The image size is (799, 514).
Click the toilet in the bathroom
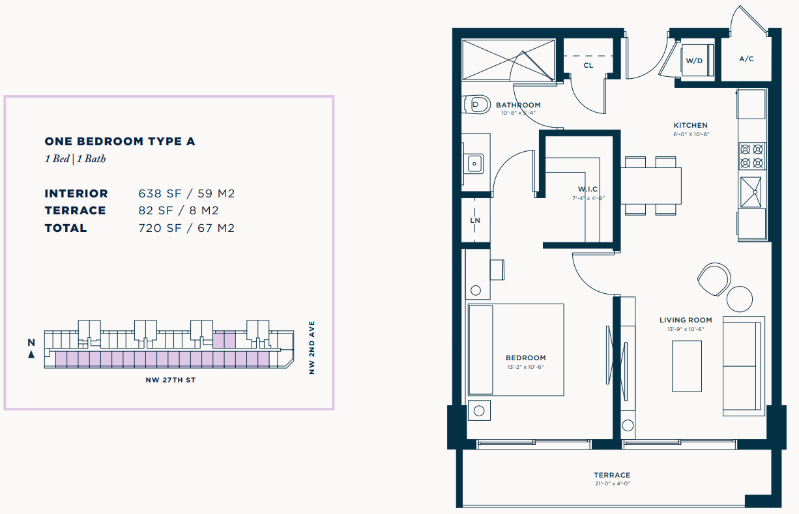tap(476, 104)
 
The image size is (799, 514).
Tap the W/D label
tap(694, 61)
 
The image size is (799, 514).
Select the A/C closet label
tap(747, 59)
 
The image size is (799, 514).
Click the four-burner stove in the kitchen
tap(751, 156)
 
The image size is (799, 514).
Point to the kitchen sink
tap(751, 192)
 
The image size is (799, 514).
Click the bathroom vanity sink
tap(474, 164)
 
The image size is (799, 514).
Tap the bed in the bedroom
tap(516, 350)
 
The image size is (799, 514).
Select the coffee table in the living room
tap(687, 366)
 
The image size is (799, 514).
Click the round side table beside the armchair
tap(740, 299)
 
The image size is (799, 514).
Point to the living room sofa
tap(744, 366)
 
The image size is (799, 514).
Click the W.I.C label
tap(588, 189)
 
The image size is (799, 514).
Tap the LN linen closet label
tap(475, 220)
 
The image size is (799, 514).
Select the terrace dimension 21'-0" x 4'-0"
tap(613, 483)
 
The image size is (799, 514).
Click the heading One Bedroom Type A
tap(120, 141)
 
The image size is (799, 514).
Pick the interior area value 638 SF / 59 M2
tap(186, 193)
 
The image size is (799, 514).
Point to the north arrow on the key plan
tap(31, 354)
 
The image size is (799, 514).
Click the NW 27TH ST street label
tap(171, 380)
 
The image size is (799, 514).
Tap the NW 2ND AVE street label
tap(312, 347)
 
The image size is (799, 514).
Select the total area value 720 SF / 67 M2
tap(186, 228)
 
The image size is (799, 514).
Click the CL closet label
tap(588, 66)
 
